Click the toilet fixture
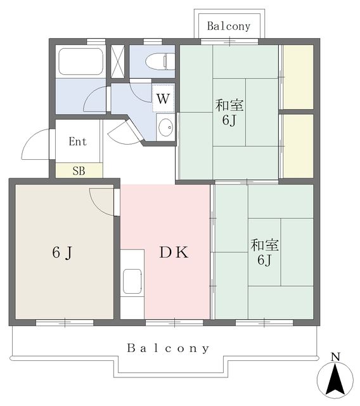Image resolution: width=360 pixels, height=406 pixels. [160, 62]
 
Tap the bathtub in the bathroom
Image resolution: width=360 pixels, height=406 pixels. [80, 62]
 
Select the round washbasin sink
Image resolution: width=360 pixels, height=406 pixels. [165, 127]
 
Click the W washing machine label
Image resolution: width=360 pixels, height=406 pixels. [163, 99]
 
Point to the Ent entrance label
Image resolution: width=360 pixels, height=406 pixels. [77, 141]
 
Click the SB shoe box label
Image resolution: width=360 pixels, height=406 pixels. [79, 171]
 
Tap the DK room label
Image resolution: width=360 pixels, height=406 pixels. [174, 252]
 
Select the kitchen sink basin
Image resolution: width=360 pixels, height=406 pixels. [132, 281]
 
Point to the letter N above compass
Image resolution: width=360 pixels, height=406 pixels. [335, 357]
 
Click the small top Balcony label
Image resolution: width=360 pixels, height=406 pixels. [229, 26]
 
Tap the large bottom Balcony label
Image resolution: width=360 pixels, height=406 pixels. [168, 348]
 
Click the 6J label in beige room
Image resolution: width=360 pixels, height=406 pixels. [62, 252]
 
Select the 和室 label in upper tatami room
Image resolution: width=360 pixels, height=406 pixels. [229, 105]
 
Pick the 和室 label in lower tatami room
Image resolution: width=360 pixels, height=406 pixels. [264, 246]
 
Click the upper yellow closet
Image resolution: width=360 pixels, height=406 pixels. [298, 77]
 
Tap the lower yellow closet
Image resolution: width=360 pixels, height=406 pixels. [298, 146]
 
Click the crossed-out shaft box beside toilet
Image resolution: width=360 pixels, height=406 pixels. [118, 62]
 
